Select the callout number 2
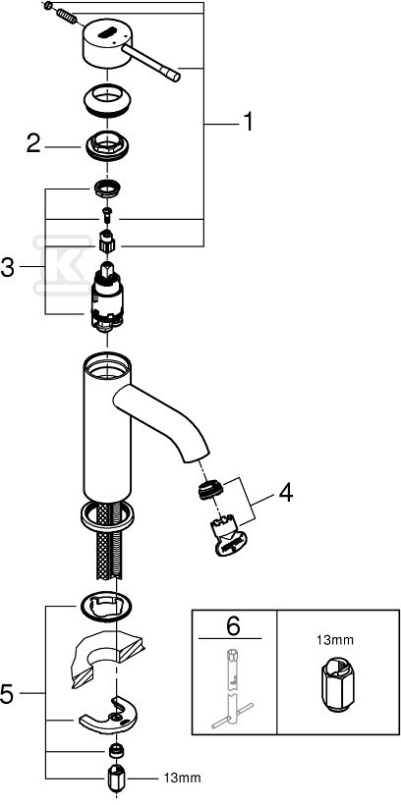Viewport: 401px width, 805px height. point(33,144)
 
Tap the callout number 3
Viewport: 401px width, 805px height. point(8,267)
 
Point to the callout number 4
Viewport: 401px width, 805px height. point(285,494)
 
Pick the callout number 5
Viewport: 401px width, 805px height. point(8,695)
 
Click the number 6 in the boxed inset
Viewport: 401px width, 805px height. point(233,625)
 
